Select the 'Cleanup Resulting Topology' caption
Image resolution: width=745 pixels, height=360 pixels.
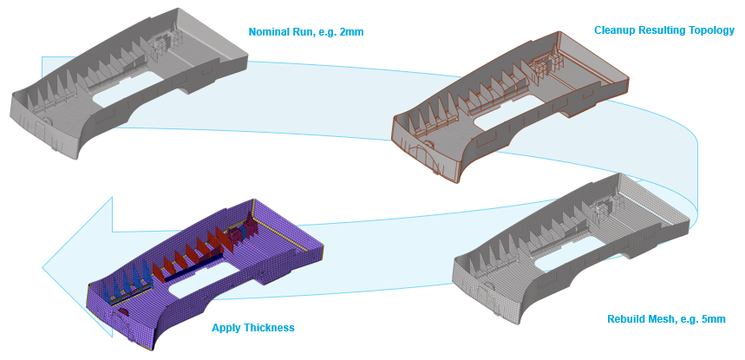[x=663, y=30]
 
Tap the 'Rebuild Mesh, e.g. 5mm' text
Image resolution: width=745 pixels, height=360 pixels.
[x=665, y=318]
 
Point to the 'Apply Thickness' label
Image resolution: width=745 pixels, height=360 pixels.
[x=253, y=328]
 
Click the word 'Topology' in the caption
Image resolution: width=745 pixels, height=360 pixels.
[x=713, y=30]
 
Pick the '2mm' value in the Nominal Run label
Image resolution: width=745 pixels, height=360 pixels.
[x=350, y=32]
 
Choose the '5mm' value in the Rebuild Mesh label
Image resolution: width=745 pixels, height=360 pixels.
[x=712, y=318]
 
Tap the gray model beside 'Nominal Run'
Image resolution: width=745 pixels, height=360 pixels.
[x=130, y=87]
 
